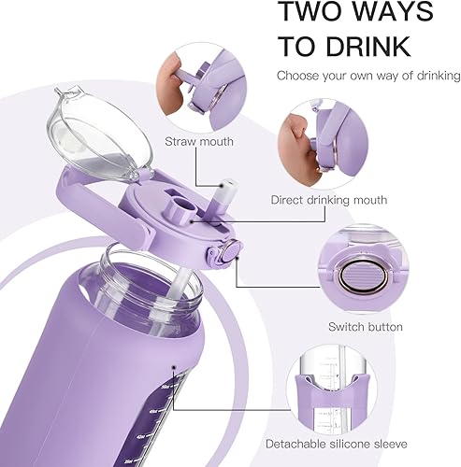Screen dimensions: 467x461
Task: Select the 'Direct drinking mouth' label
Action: (x=328, y=199)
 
